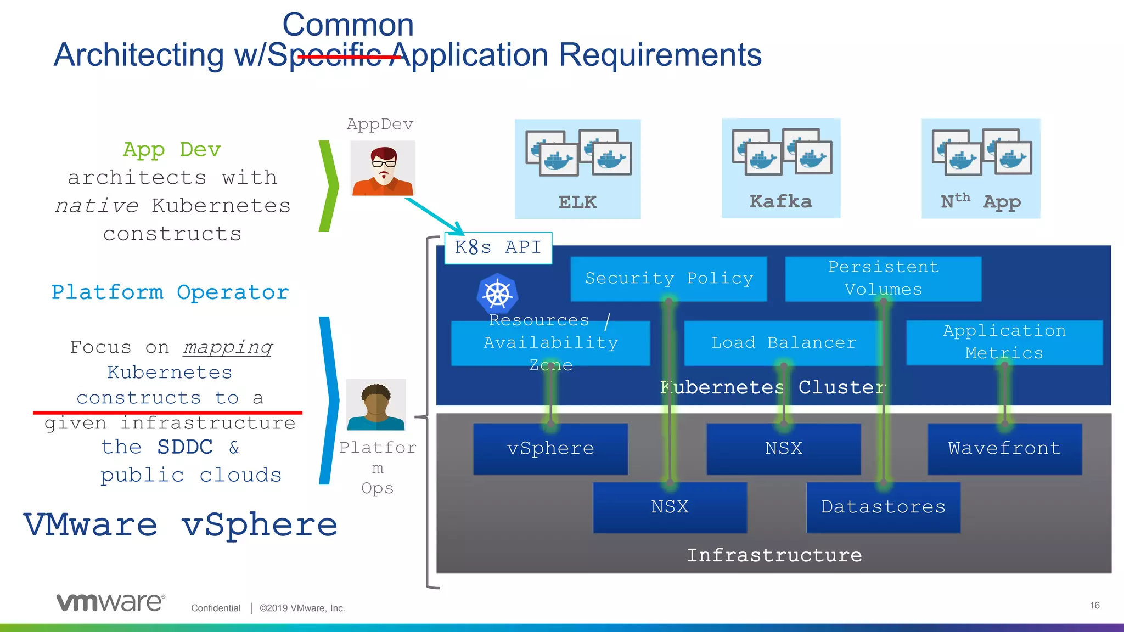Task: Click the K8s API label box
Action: pyautogui.click(x=498, y=248)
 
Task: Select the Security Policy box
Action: pyautogui.click(x=668, y=279)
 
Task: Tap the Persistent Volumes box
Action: pyautogui.click(x=883, y=279)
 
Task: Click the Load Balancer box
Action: pyautogui.click(x=783, y=343)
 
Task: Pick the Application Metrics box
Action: pyautogui.click(x=1004, y=342)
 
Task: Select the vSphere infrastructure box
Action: pyautogui.click(x=550, y=449)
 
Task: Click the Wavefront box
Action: pyautogui.click(x=1004, y=449)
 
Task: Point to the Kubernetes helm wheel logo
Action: pyautogui.click(x=497, y=294)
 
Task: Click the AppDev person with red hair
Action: pyautogui.click(x=383, y=168)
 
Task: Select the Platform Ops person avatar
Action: pyautogui.click(x=376, y=405)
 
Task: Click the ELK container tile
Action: pyautogui.click(x=577, y=169)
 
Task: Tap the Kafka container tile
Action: pyautogui.click(x=780, y=168)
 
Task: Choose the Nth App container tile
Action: pyautogui.click(x=980, y=168)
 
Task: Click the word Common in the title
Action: pyautogui.click(x=348, y=25)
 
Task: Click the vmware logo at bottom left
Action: pyautogui.click(x=110, y=602)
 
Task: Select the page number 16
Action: pyautogui.click(x=1094, y=606)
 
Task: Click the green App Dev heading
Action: pyautogui.click(x=172, y=150)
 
